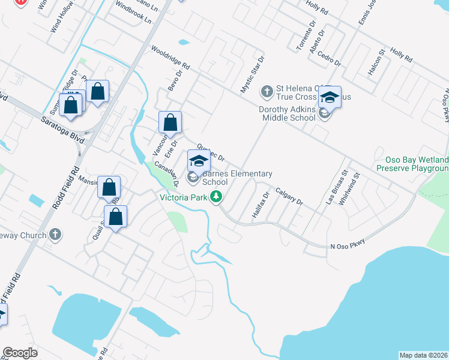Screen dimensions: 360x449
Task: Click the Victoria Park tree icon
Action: (218, 197)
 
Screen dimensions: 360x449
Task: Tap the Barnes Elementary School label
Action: (237, 178)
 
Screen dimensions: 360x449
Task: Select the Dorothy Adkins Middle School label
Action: (287, 113)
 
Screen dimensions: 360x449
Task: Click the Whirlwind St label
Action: (349, 190)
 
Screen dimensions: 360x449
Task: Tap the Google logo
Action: (20, 353)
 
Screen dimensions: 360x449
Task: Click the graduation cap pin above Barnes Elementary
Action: (199, 160)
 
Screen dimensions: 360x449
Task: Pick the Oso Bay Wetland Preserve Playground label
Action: (412, 164)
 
